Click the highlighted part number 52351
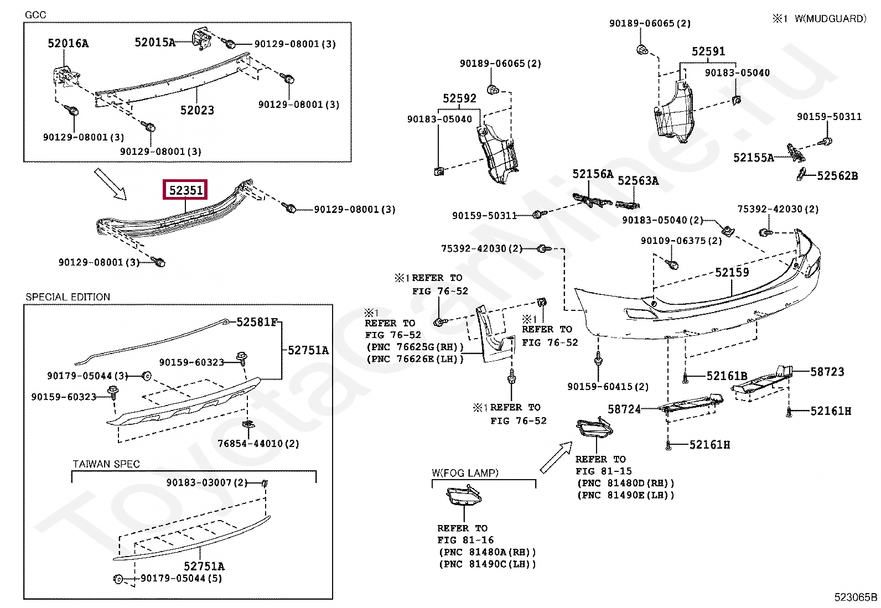point(185,190)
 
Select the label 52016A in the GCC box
point(68,43)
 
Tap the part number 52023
point(197,110)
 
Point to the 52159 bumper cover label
point(732,272)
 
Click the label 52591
point(708,51)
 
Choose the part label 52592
point(459,98)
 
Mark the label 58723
point(827,372)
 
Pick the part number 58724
point(624,409)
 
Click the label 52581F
point(257,322)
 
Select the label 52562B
point(837,175)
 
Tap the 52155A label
point(754,158)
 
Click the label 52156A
point(593,174)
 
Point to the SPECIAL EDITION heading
point(68,297)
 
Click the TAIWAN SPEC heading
point(106,464)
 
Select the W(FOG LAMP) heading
point(465,472)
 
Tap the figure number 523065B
point(856,597)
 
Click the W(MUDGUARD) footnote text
point(830,18)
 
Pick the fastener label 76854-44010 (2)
point(258,444)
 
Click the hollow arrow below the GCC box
point(111,184)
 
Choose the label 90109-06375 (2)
point(681,241)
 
